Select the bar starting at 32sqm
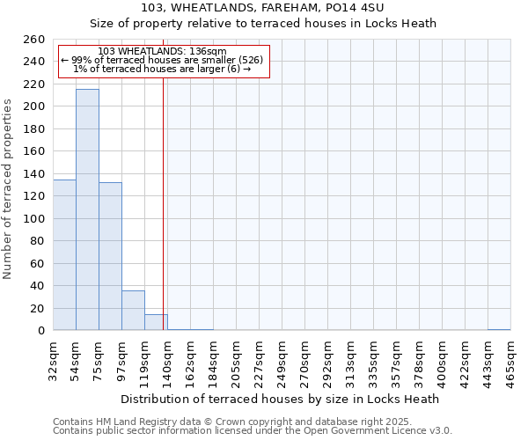click(x=64, y=255)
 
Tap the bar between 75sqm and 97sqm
click(x=110, y=256)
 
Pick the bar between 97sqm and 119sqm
click(x=133, y=311)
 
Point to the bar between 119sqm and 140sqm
click(x=156, y=322)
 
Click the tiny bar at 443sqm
click(x=499, y=329)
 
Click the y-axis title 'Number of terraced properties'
click(x=8, y=189)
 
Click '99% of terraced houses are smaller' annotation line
click(x=162, y=60)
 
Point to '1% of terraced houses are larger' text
click(x=162, y=69)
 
